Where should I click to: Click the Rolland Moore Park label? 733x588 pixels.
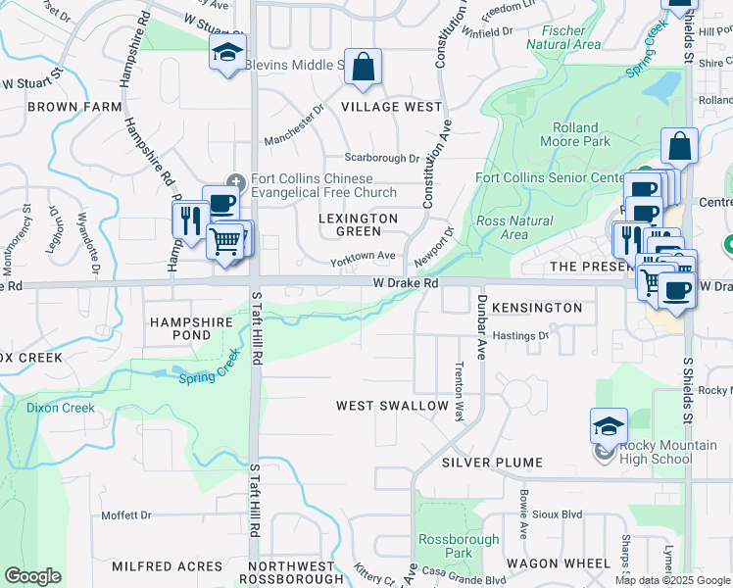tap(575, 134)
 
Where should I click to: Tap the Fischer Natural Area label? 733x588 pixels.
tap(563, 37)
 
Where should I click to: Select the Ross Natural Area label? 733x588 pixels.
tap(514, 227)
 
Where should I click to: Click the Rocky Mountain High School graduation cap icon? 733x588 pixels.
tap(609, 426)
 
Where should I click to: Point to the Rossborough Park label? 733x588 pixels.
tap(446, 546)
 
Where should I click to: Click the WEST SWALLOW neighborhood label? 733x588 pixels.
tap(392, 406)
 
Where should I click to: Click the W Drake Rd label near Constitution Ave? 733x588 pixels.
tap(404, 282)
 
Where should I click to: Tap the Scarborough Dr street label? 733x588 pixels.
tap(381, 158)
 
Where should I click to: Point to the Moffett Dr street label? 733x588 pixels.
tap(126, 514)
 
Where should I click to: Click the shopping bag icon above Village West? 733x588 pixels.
tap(363, 68)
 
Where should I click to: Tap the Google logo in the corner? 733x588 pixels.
tap(32, 576)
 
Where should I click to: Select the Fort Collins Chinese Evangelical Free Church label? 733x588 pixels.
tap(311, 185)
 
